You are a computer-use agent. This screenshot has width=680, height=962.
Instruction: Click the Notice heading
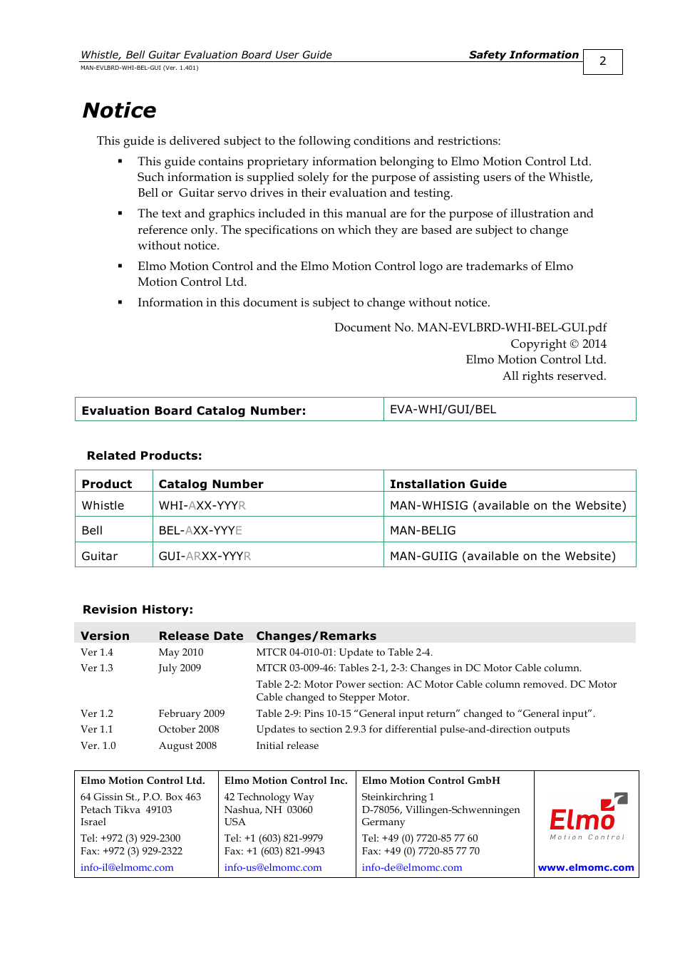click(119, 110)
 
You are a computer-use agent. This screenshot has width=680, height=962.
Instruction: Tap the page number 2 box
click(602, 61)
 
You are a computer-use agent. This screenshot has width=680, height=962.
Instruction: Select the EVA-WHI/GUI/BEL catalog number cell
click(443, 410)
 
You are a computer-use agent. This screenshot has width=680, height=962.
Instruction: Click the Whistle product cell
click(103, 505)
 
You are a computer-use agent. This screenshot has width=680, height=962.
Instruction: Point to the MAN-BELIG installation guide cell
click(423, 530)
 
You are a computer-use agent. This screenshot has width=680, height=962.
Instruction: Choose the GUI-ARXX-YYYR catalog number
click(205, 556)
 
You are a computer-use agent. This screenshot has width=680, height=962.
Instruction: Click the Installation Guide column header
click(448, 484)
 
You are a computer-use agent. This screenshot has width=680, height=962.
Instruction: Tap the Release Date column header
click(200, 636)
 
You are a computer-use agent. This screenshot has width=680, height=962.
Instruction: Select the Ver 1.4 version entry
click(96, 652)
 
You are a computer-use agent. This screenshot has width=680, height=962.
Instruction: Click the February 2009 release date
click(191, 713)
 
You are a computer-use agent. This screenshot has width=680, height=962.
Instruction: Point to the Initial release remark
click(287, 745)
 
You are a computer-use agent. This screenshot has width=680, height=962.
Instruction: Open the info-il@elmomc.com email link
click(127, 867)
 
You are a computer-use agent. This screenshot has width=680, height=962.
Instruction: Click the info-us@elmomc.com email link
click(273, 867)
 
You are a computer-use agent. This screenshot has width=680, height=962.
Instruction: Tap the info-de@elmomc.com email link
click(412, 867)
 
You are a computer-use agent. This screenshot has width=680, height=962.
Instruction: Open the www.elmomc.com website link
click(586, 867)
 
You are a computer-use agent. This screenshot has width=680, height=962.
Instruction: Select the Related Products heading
click(144, 455)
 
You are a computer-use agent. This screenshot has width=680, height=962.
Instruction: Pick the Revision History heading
click(138, 609)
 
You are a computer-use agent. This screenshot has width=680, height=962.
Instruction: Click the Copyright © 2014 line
click(558, 343)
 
